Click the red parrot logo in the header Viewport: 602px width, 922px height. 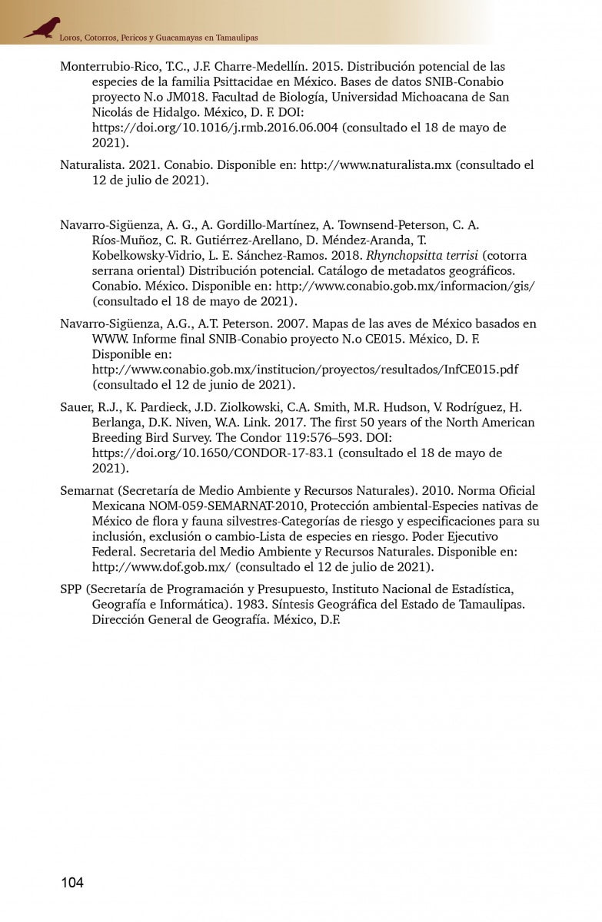[x=42, y=28]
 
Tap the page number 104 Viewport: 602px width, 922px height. [x=72, y=882]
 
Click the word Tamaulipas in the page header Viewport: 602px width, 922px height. [x=237, y=37]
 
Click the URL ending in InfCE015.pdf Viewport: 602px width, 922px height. [x=305, y=370]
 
